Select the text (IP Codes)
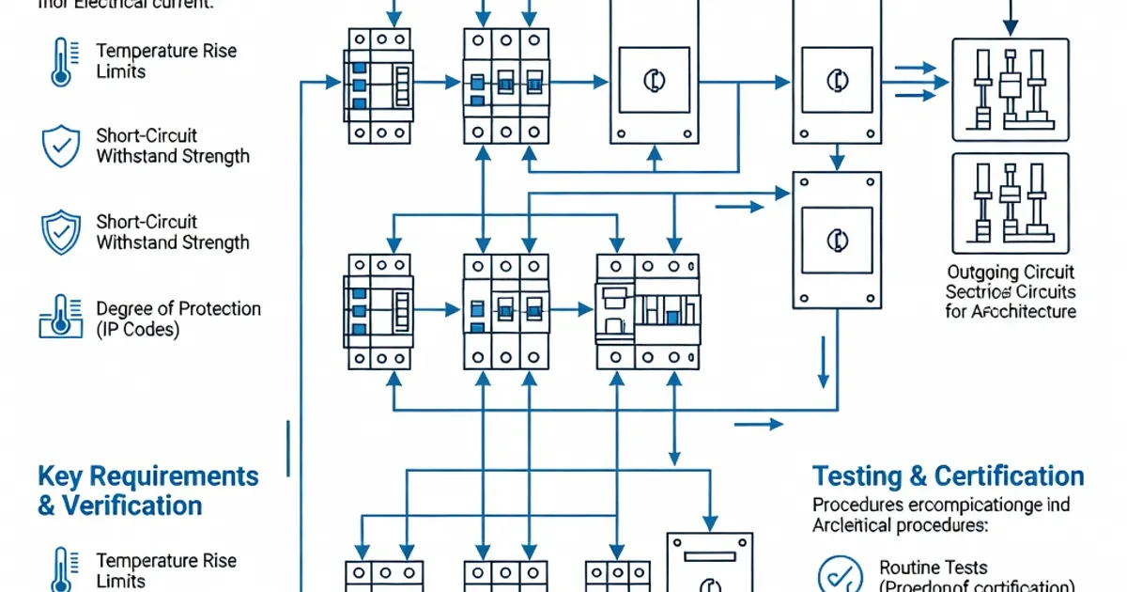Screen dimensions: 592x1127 (x=138, y=330)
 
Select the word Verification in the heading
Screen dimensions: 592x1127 (x=132, y=506)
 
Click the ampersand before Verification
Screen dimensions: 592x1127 (x=47, y=506)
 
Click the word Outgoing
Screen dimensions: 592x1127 (x=983, y=273)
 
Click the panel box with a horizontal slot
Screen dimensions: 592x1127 (x=710, y=564)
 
